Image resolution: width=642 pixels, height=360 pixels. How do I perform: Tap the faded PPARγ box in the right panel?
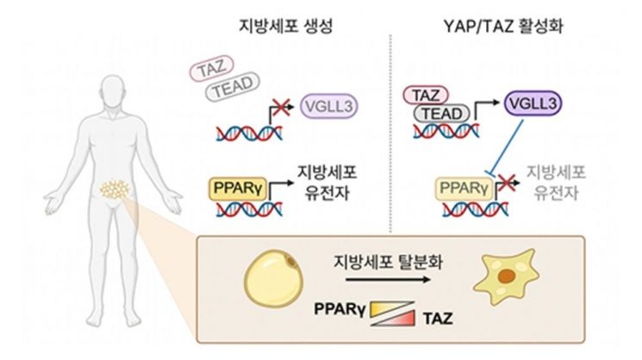pos(466,185)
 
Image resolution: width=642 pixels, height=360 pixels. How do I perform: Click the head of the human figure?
pos(114,90)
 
